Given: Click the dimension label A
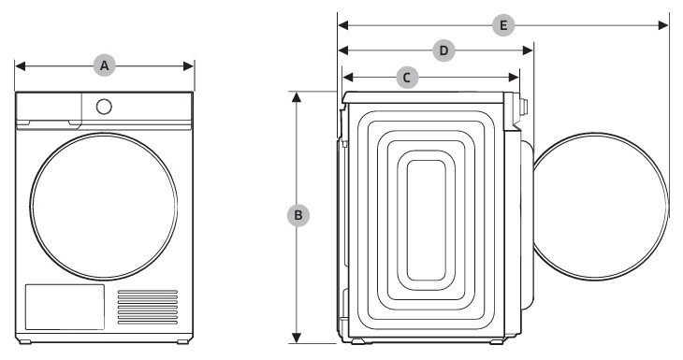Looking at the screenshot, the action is point(105,65).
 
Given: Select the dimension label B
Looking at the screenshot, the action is point(298,215).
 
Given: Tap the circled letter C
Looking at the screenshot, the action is point(407,78).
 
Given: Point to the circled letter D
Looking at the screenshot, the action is point(443,50).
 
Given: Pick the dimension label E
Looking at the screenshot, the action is point(503,25).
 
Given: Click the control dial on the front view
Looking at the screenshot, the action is point(104,107).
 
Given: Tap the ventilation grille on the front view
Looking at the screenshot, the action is point(148,307).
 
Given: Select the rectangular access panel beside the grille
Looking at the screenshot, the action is point(65,307).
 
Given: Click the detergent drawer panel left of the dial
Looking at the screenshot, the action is point(49,107).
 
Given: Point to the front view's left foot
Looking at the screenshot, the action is point(25,341).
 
